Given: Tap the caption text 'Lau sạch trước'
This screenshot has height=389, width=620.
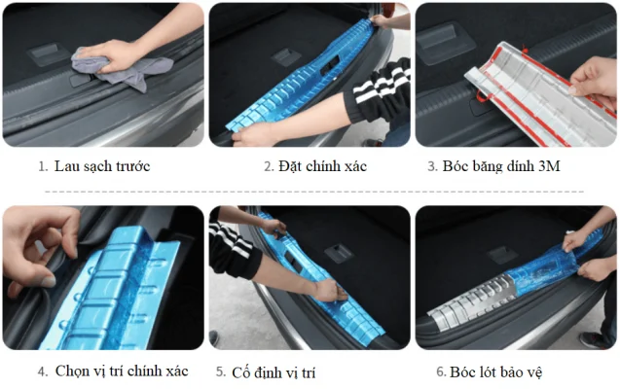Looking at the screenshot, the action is [102, 166].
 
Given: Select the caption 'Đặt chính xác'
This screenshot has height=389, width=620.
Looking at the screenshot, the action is [322, 166].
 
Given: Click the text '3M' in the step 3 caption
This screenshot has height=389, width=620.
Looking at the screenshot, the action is [549, 166].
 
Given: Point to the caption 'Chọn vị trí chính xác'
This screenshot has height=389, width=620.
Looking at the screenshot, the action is [122, 371].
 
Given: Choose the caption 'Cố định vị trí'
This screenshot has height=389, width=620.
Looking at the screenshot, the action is [274, 372].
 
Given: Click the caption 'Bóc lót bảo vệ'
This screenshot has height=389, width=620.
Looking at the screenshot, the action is [495, 372].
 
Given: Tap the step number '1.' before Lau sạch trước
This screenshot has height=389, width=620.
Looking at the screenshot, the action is [43, 166].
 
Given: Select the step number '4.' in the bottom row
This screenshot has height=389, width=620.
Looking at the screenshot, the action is [43, 371].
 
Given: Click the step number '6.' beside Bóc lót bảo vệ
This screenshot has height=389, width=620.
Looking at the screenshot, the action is [441, 371].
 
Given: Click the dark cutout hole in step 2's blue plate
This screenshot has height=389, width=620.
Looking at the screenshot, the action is [329, 65].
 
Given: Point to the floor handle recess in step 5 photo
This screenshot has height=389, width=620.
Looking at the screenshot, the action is [339, 253].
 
